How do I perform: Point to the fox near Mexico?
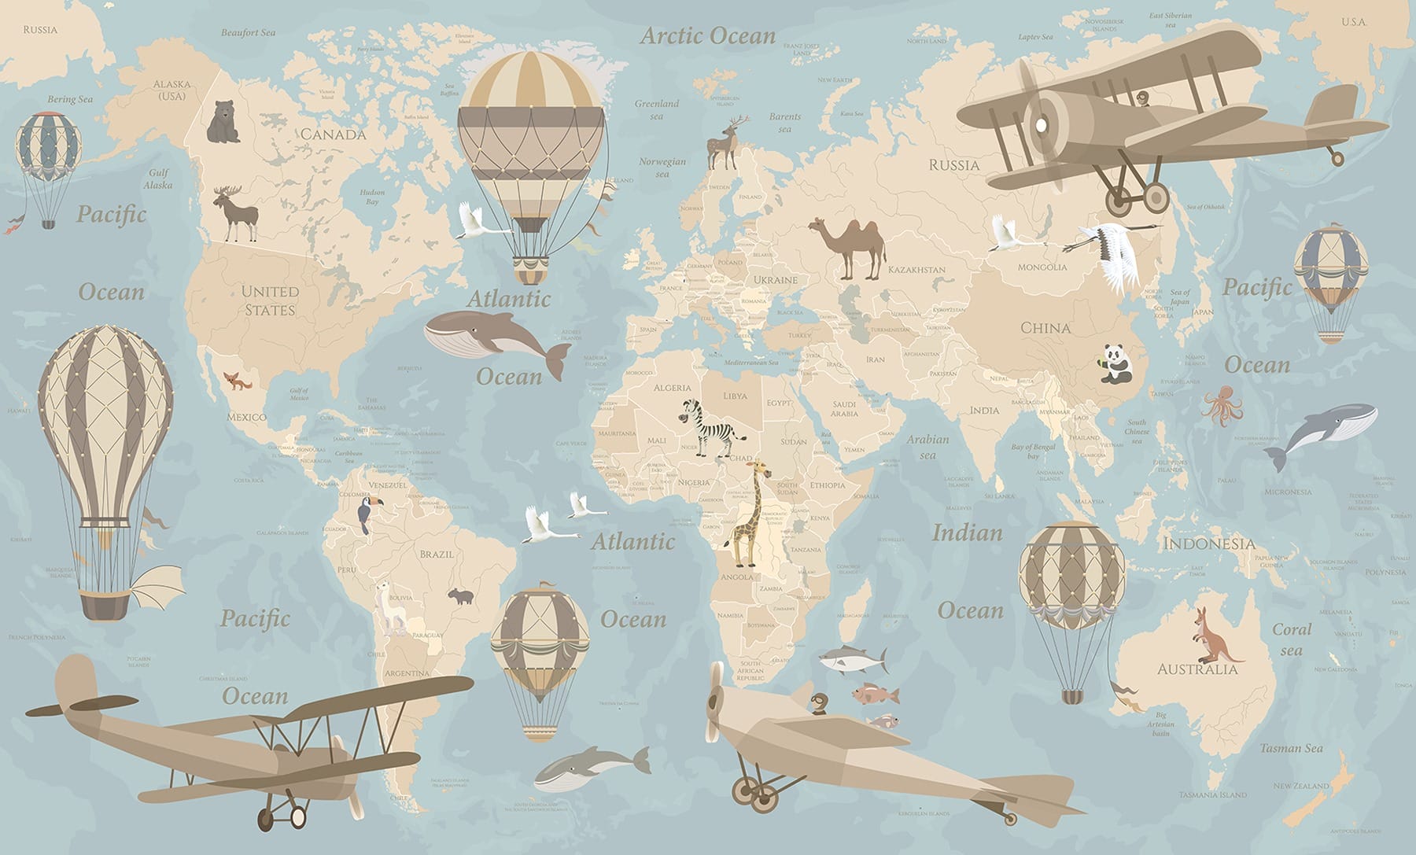tap(235, 383)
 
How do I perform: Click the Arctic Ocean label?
tap(708, 35)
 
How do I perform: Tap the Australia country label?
tap(1197, 669)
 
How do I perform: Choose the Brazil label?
tap(437, 554)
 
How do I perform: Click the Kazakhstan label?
tap(916, 270)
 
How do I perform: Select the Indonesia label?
tap(1209, 544)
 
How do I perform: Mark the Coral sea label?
tap(1292, 639)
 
